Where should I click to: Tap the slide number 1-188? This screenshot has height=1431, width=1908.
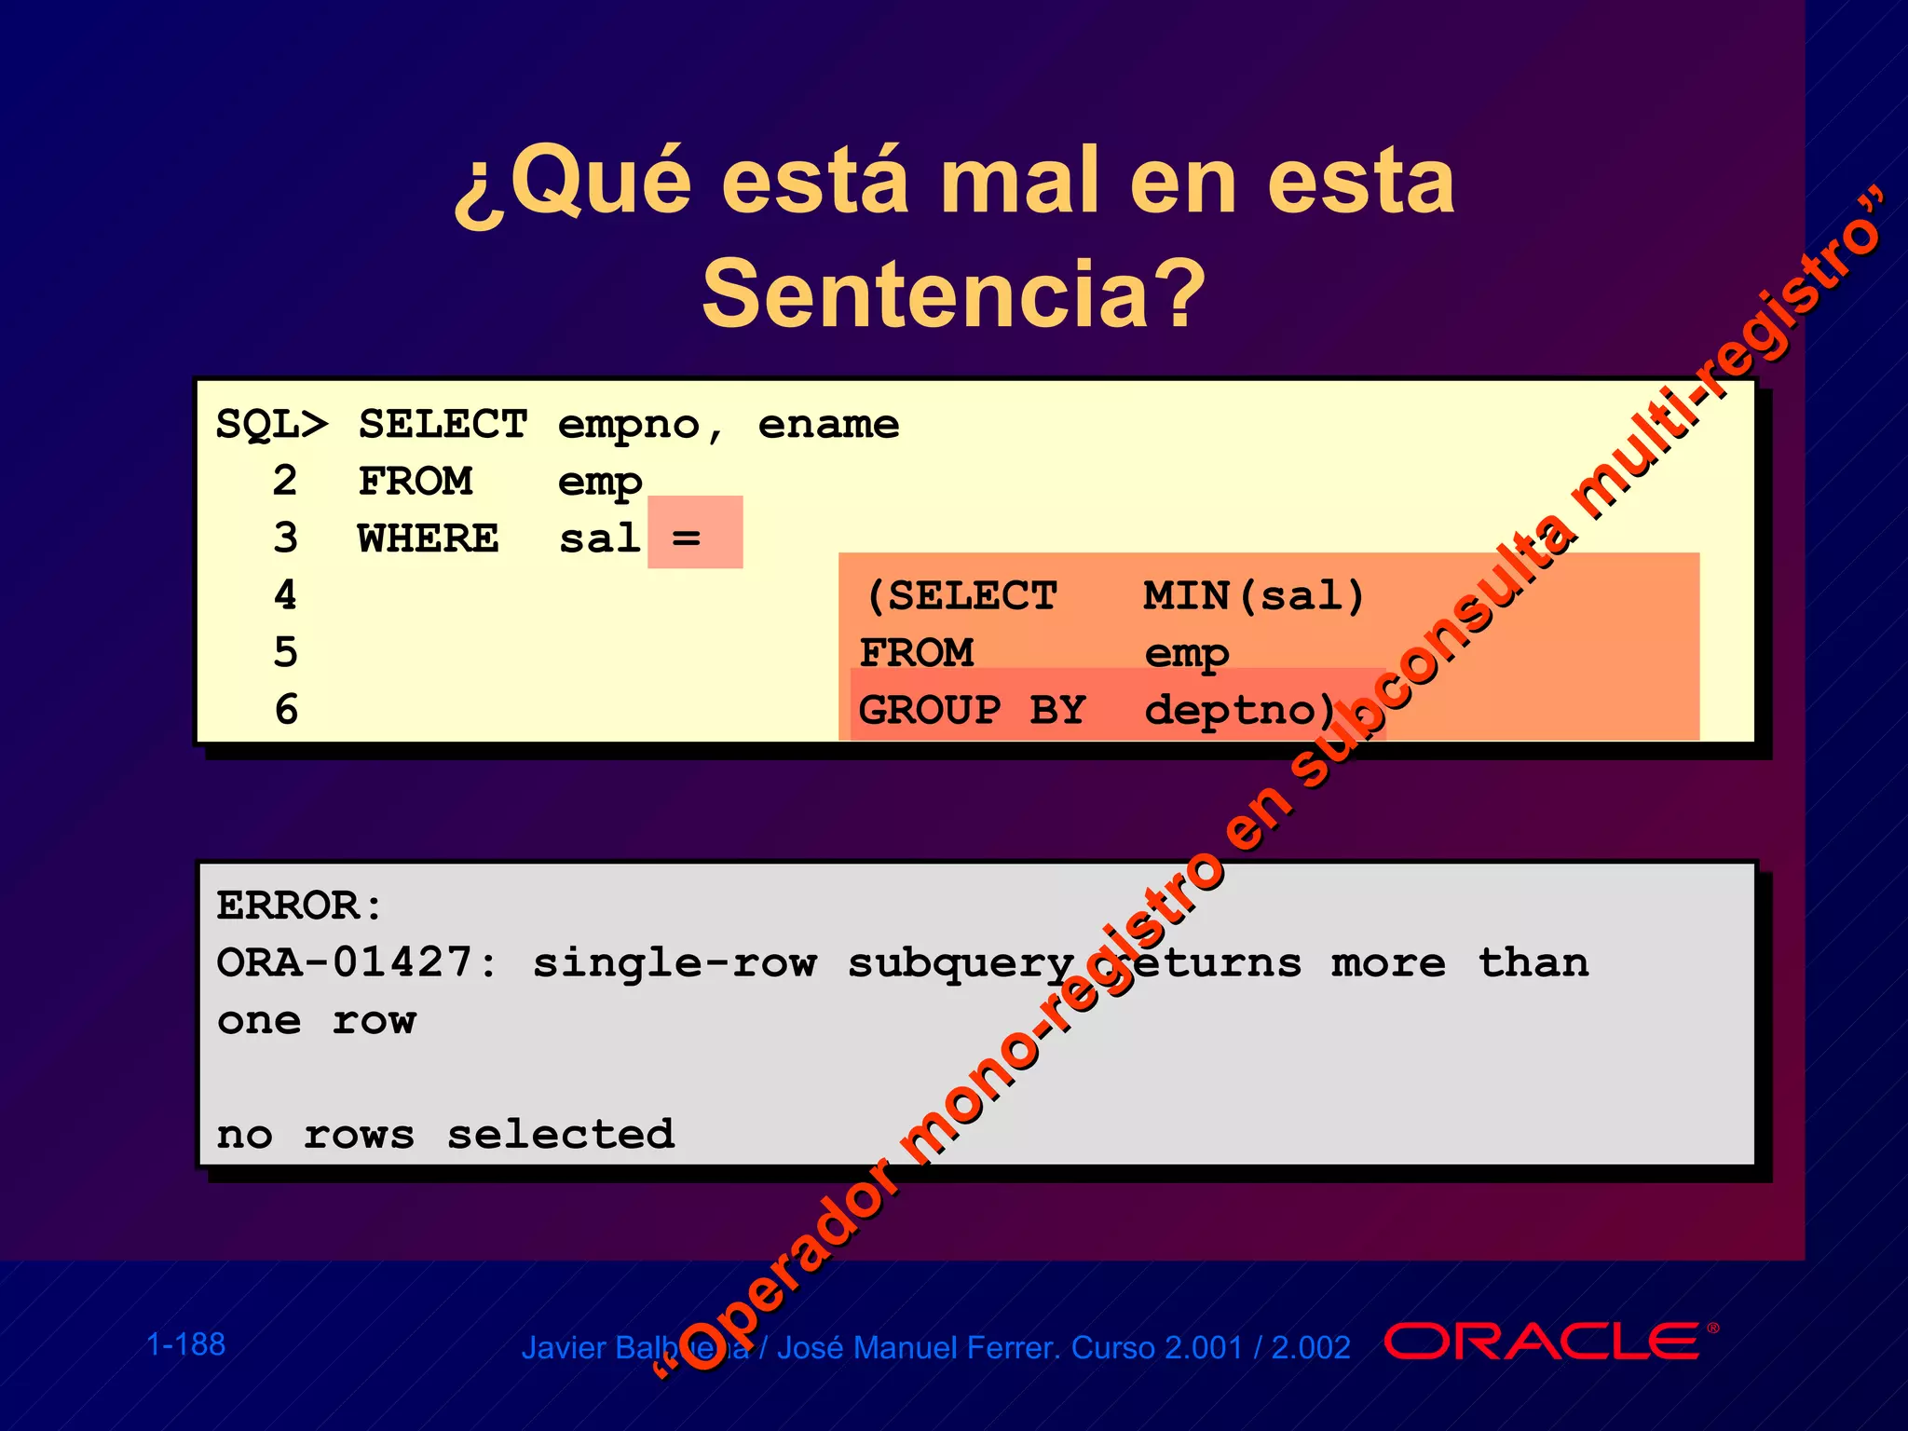pyautogui.click(x=186, y=1344)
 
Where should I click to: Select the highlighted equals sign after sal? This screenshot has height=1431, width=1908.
pyautogui.click(x=687, y=538)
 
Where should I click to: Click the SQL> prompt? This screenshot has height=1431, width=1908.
pyautogui.click(x=271, y=424)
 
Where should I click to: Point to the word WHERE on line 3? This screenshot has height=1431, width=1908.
pyautogui.click(x=429, y=538)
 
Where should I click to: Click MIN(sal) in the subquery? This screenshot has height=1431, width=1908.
pyautogui.click(x=1253, y=595)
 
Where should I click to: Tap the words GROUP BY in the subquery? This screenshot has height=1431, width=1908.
pyautogui.click(x=972, y=710)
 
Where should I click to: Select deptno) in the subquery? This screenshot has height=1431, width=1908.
pyautogui.click(x=1239, y=710)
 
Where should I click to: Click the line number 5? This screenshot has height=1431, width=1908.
pyautogui.click(x=286, y=652)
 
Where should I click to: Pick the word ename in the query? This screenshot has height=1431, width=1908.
pyautogui.click(x=828, y=425)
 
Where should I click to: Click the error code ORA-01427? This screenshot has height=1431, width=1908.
pyautogui.click(x=357, y=962)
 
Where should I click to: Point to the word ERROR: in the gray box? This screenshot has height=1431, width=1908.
pyautogui.click(x=299, y=905)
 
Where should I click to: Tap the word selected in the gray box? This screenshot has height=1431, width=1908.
pyautogui.click(x=561, y=1134)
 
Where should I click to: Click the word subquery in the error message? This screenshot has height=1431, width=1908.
pyautogui.click(x=961, y=963)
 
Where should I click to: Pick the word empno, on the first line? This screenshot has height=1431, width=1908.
pyautogui.click(x=639, y=425)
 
